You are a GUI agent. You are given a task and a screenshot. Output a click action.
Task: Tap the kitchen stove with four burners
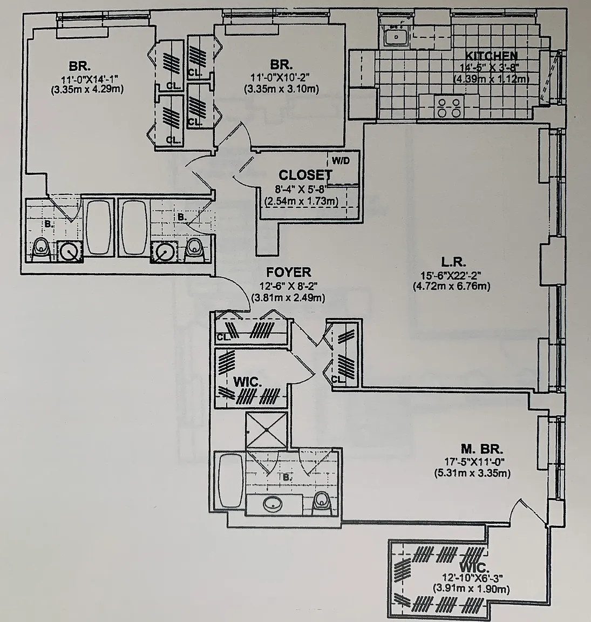[449, 107]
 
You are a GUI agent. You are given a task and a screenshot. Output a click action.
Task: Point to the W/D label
[340, 160]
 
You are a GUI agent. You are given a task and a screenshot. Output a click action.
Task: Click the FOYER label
[288, 272]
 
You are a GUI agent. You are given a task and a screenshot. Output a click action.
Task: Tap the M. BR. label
[482, 449]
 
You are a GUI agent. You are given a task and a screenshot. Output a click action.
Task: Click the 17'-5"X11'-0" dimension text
[473, 462]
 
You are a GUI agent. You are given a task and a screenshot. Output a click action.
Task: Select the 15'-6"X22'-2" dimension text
[451, 275]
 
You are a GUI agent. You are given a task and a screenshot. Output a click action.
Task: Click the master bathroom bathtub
[230, 480]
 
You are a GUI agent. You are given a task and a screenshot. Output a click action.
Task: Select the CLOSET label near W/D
[305, 175]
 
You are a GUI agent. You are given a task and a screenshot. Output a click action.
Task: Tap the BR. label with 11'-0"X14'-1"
[79, 66]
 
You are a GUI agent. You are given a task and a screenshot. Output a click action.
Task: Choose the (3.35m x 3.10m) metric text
[278, 88]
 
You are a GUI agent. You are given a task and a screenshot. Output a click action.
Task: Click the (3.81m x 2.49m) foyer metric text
[288, 297]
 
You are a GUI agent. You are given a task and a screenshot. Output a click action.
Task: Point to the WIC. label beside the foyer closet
[247, 381]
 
